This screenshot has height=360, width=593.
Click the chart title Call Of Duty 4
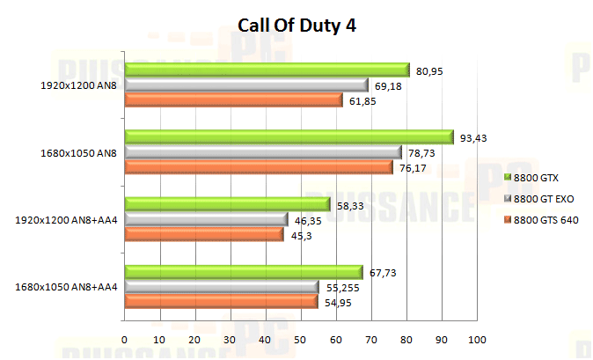[296, 26]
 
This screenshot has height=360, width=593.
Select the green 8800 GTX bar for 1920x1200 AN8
[267, 70]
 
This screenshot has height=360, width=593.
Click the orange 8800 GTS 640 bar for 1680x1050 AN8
[259, 167]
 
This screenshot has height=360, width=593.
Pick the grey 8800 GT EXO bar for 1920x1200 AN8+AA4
[206, 219]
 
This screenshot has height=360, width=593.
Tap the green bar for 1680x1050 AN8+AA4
[243, 272]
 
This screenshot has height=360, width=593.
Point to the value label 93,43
[472, 136]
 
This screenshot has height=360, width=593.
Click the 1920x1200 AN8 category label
[78, 85]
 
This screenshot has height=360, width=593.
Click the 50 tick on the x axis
[301, 339]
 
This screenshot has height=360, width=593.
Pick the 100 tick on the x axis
[477, 339]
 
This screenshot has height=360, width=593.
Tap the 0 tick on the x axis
[125, 339]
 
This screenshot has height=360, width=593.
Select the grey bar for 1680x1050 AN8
[263, 152]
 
